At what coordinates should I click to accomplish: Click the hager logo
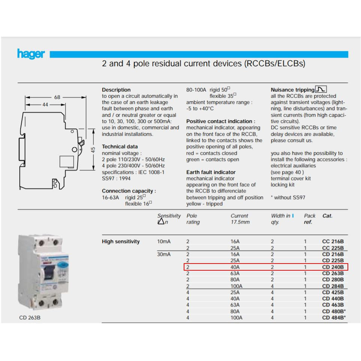click(31, 54)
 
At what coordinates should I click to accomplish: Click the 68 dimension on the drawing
click(57, 97)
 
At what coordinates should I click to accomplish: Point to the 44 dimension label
click(45, 105)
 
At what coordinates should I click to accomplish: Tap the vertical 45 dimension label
click(93, 150)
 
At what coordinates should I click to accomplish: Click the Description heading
click(116, 90)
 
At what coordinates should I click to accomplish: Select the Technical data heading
click(120, 147)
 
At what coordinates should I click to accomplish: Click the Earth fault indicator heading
click(211, 172)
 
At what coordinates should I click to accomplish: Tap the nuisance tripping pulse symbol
click(321, 89)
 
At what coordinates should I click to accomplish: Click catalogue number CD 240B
click(333, 267)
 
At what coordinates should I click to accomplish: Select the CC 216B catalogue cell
click(333, 242)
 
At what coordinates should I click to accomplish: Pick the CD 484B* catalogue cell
click(334, 318)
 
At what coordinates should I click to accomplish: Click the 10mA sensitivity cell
click(163, 242)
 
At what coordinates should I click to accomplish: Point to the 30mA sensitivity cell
click(163, 255)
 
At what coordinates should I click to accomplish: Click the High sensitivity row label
click(121, 242)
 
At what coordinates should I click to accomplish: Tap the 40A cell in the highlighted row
click(235, 267)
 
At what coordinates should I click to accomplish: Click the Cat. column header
click(327, 216)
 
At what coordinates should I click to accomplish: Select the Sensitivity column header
click(169, 216)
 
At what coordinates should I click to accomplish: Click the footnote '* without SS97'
click(288, 198)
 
